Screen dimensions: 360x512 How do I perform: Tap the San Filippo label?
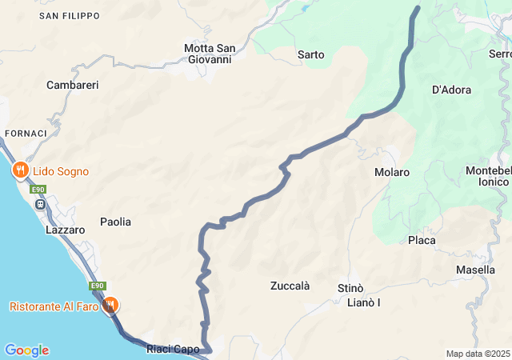tap(70, 16)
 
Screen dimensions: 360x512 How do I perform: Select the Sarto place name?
tap(310, 55)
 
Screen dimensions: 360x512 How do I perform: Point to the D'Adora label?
tap(451, 90)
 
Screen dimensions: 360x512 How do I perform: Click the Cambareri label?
tap(72, 85)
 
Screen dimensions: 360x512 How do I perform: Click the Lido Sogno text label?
tap(61, 171)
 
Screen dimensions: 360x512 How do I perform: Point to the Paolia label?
tap(115, 222)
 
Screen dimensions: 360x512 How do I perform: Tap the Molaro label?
tap(392, 172)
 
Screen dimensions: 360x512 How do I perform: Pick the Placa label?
tap(422, 240)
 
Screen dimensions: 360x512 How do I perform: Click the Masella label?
tap(475, 270)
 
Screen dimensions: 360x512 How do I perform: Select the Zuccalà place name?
tap(290, 286)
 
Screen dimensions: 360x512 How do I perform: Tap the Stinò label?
tap(350, 288)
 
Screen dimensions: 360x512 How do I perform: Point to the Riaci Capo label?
tap(173, 349)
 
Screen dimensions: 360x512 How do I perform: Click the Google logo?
tap(26, 350)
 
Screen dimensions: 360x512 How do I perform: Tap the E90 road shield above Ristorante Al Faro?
tap(98, 286)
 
